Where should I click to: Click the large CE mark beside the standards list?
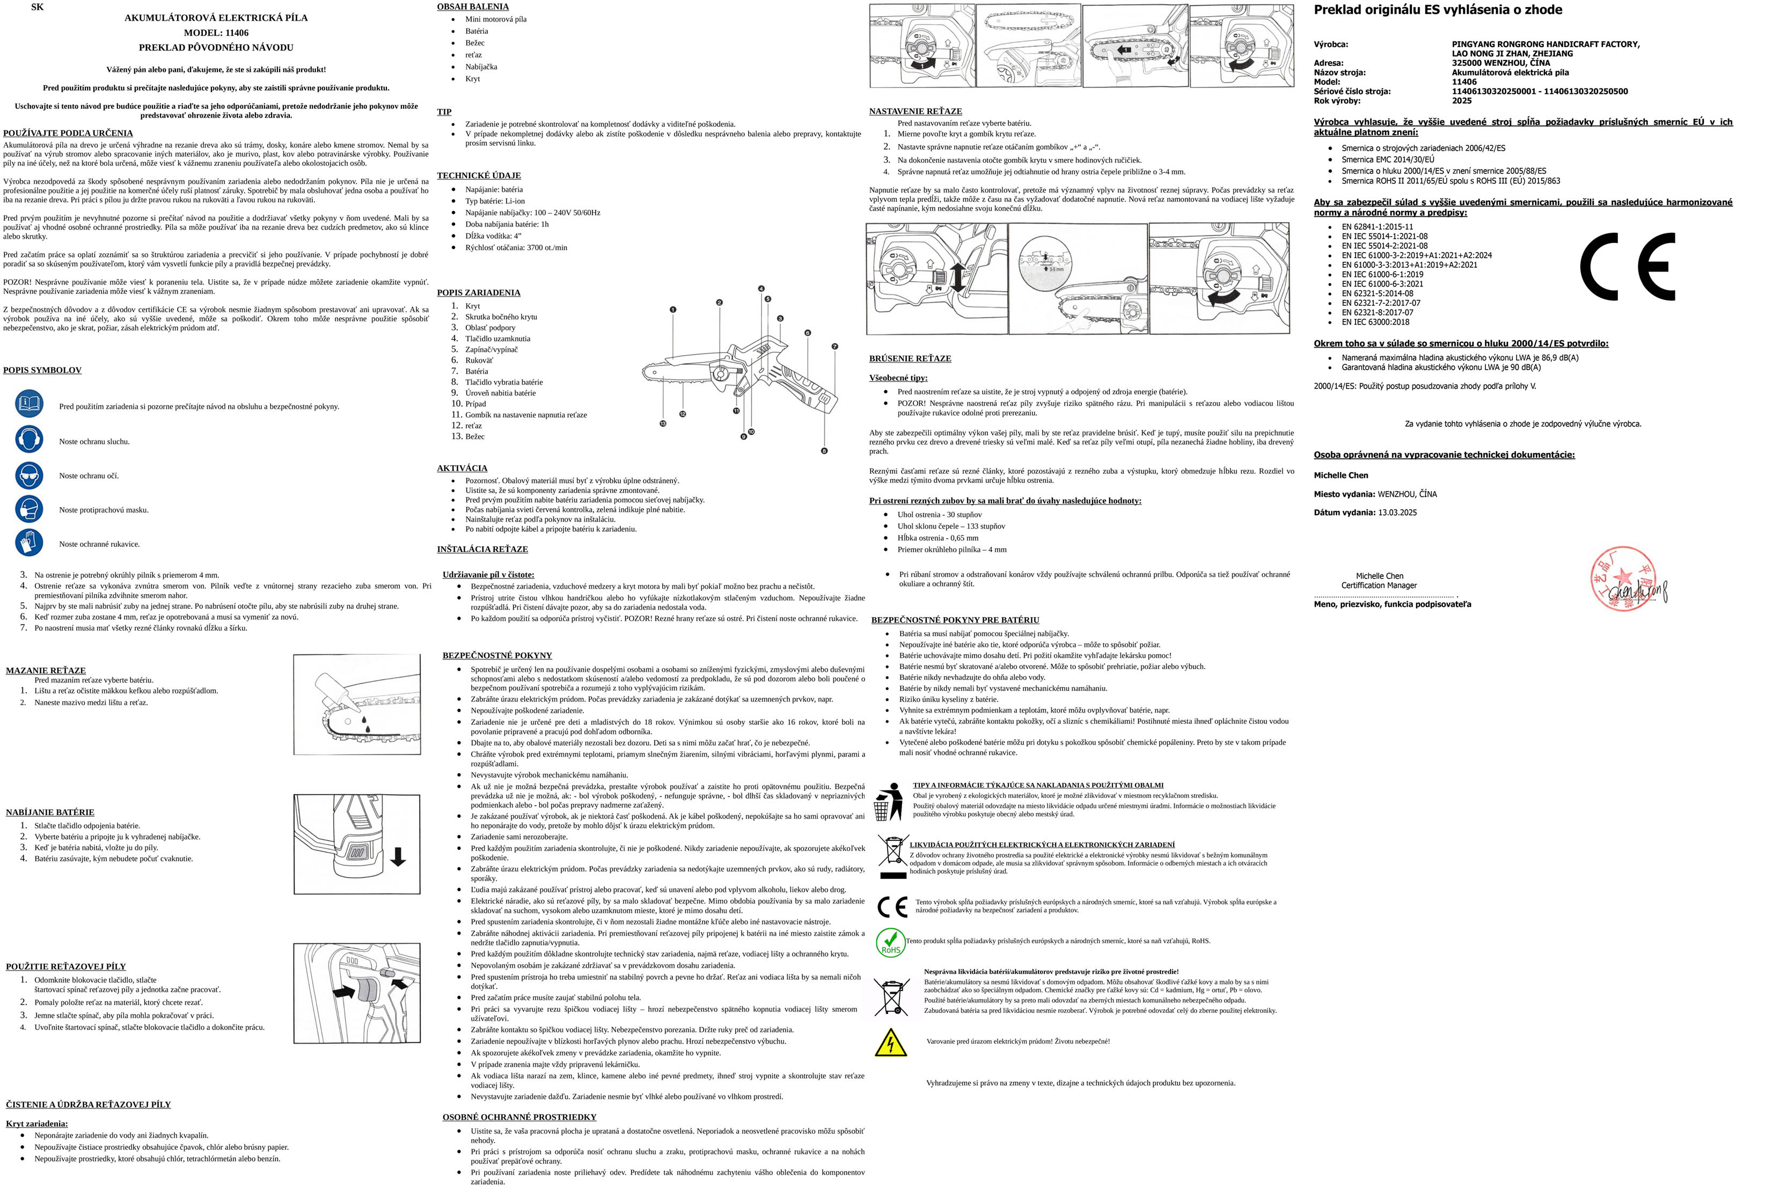click(x=1627, y=267)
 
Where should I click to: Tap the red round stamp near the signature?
click(x=1623, y=578)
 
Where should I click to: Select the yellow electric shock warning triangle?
click(x=890, y=1043)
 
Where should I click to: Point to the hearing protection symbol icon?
click(x=30, y=439)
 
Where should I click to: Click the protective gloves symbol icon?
click(x=30, y=542)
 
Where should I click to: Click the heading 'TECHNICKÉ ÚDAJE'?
click(x=479, y=175)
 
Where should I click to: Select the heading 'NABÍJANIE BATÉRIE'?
click(x=50, y=812)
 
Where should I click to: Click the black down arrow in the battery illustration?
click(x=397, y=857)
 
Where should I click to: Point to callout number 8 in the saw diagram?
click(x=824, y=451)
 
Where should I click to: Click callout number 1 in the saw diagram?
click(x=673, y=310)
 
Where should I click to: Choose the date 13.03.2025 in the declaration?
click(x=1397, y=512)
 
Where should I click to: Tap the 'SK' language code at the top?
click(x=37, y=7)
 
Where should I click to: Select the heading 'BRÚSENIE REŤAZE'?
click(x=910, y=358)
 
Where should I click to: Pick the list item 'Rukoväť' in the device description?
click(x=479, y=361)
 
